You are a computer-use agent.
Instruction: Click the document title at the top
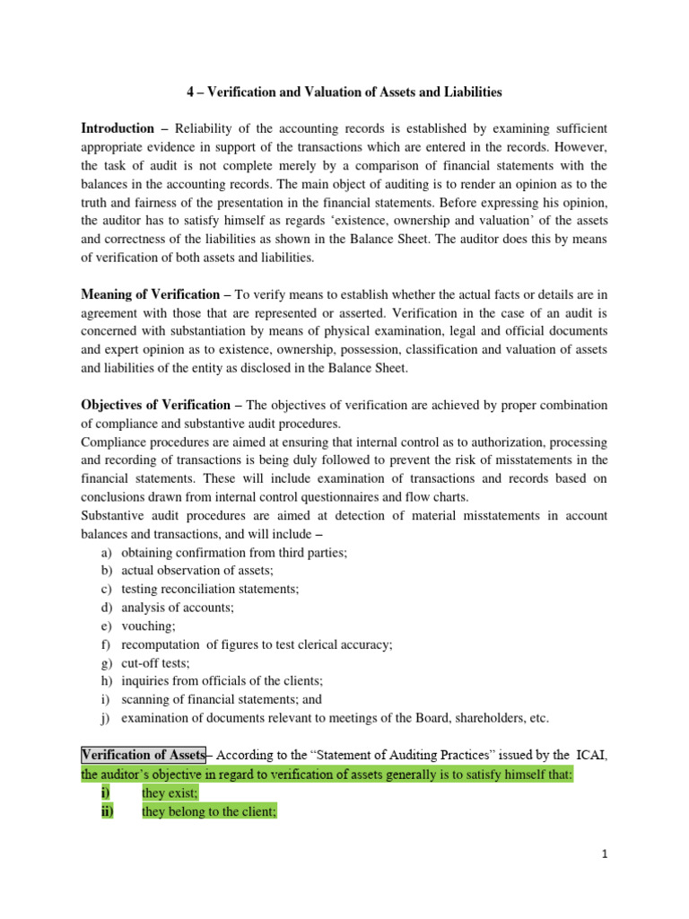(x=344, y=92)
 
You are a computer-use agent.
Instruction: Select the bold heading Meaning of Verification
(x=150, y=294)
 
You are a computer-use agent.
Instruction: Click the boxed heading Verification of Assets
(x=144, y=755)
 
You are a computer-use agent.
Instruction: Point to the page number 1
(x=606, y=854)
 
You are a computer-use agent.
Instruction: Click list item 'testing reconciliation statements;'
(x=210, y=589)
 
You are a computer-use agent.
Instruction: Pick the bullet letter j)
(x=106, y=718)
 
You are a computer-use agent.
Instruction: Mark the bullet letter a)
(x=106, y=553)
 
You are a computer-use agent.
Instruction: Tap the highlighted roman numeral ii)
(x=108, y=812)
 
